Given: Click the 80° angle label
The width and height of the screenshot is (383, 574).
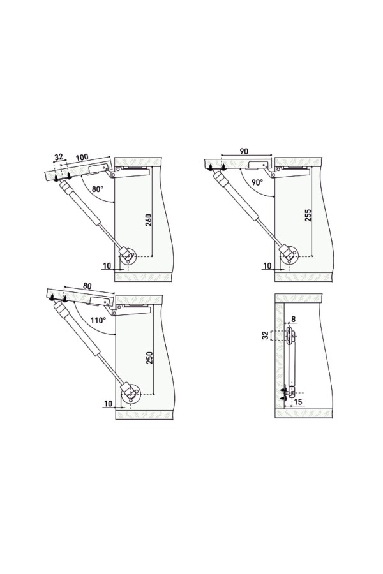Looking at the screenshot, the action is [x=98, y=189].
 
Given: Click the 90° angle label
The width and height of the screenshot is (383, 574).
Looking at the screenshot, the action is [x=257, y=182].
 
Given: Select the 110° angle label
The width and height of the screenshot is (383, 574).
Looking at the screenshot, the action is [x=98, y=320].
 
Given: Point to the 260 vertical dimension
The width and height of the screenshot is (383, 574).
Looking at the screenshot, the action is [x=149, y=219].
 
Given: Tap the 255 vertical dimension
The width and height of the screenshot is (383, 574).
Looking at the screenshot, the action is [x=308, y=216].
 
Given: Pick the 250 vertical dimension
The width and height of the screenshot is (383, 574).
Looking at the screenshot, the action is [x=149, y=358].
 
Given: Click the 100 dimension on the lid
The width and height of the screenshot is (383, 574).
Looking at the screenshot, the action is [x=82, y=158].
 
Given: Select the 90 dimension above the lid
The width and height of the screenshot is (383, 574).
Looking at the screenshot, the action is [x=244, y=151].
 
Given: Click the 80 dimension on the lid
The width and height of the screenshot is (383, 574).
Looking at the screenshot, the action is [x=87, y=286].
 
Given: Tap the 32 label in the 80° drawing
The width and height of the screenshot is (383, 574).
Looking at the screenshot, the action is [x=59, y=157].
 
